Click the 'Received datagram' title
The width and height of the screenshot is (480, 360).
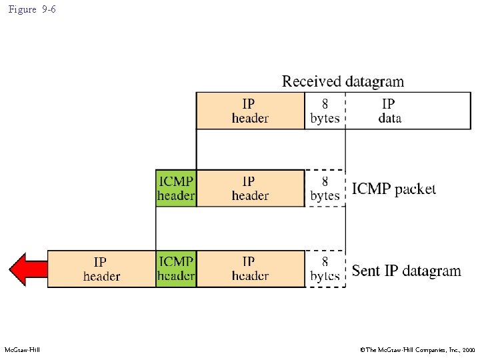(343, 81)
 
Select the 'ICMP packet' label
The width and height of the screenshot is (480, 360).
(394, 189)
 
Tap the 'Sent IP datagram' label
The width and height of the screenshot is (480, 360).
(406, 271)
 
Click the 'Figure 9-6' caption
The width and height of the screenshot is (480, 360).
(32, 10)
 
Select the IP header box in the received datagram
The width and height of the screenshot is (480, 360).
(250, 111)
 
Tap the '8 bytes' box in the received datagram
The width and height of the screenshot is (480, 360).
(325, 111)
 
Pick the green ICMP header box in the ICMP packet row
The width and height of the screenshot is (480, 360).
(176, 188)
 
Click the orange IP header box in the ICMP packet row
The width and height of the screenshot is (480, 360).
(250, 188)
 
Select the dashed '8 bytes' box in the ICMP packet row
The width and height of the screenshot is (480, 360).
(325, 188)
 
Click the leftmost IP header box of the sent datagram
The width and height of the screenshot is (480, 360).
(102, 269)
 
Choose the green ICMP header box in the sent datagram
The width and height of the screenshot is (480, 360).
(176, 269)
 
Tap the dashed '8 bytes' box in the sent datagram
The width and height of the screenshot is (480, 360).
(325, 269)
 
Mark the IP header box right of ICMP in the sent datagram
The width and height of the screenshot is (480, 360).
(250, 269)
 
